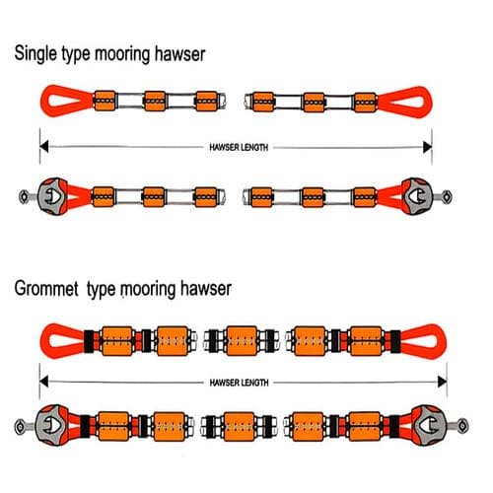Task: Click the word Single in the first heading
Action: (x=35, y=54)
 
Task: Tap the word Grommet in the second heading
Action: (x=46, y=288)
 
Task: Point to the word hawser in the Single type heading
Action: (x=179, y=54)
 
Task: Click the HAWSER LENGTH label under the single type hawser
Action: (x=239, y=147)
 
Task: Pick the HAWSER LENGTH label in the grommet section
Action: (x=239, y=383)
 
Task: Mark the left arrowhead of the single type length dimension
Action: (x=44, y=147)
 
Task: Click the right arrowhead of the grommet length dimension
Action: (x=443, y=382)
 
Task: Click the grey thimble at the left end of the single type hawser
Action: (x=52, y=196)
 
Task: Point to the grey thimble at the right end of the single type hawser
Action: (x=417, y=196)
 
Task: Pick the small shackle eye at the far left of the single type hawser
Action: (x=24, y=197)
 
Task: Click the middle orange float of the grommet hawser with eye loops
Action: (x=242, y=341)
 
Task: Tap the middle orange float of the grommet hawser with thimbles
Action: (x=240, y=427)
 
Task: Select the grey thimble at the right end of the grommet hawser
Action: (x=429, y=425)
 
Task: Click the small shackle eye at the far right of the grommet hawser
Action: (x=462, y=426)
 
